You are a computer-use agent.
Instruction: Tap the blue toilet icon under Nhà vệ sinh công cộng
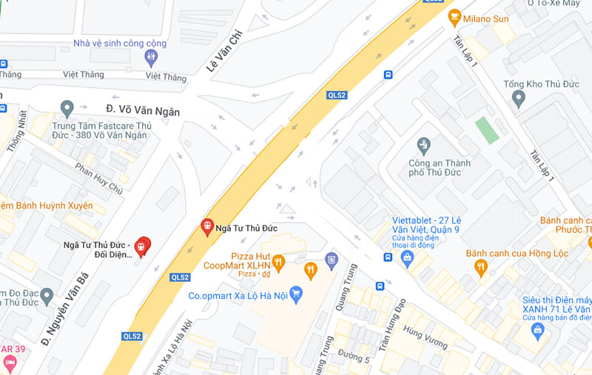point(152,55)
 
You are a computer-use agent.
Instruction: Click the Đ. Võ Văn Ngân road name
point(143,111)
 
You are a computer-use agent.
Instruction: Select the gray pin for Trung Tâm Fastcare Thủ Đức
point(67,108)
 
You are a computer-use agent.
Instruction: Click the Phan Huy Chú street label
point(98,178)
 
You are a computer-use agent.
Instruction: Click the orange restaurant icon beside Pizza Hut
point(278,261)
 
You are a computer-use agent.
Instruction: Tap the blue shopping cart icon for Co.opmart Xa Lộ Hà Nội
point(297,294)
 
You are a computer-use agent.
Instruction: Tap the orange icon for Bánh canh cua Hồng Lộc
point(481,267)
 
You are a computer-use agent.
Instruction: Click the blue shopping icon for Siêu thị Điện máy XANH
point(538,330)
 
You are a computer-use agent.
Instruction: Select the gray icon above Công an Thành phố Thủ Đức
point(423,143)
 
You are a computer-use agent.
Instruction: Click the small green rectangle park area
point(485,130)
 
